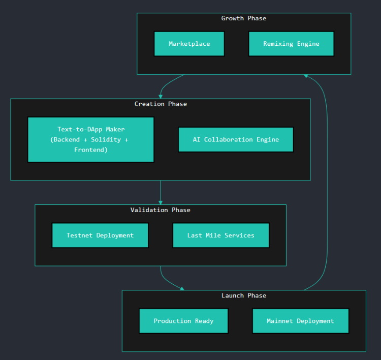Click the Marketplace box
tap(189, 44)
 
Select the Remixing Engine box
tap(291, 44)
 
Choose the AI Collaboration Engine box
tap(236, 139)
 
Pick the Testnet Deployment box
tap(100, 235)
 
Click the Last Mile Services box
tap(220, 235)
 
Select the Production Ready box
tap(183, 321)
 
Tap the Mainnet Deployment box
tap(300, 321)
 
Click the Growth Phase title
tap(243, 18)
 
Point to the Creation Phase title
tap(161, 104)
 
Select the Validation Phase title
tap(161, 210)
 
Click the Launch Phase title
tap(243, 295)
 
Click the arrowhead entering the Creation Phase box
tap(161, 96)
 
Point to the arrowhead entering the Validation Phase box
tap(161, 202)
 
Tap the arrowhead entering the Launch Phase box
tap(181, 288)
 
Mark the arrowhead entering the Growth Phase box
tap(306, 76)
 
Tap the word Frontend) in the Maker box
tap(90, 149)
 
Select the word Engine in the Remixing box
tap(308, 44)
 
